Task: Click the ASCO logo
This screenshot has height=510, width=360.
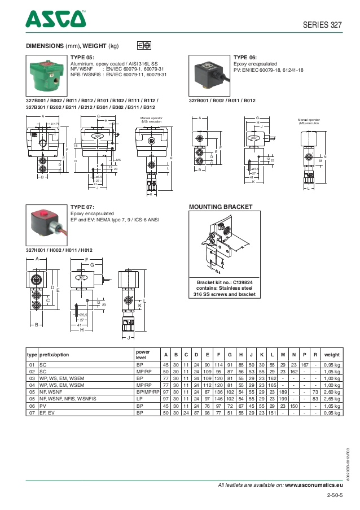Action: (55, 20)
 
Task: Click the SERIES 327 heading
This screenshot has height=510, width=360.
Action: (323, 25)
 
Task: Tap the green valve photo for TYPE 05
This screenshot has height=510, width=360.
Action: (46, 75)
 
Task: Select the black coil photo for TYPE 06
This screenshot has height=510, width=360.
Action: (209, 75)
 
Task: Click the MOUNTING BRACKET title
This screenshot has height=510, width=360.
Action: (220, 207)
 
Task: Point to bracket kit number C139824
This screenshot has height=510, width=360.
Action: (224, 282)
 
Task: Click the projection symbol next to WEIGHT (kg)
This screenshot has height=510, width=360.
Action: (144, 45)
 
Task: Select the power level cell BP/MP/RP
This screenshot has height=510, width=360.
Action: (148, 391)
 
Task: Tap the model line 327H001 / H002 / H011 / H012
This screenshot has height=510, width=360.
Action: (59, 250)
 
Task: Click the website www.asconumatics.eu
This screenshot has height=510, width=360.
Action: (314, 485)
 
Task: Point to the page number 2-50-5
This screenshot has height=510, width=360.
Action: (334, 495)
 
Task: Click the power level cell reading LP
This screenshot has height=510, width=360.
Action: (139, 399)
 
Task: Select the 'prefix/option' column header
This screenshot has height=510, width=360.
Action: (54, 355)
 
